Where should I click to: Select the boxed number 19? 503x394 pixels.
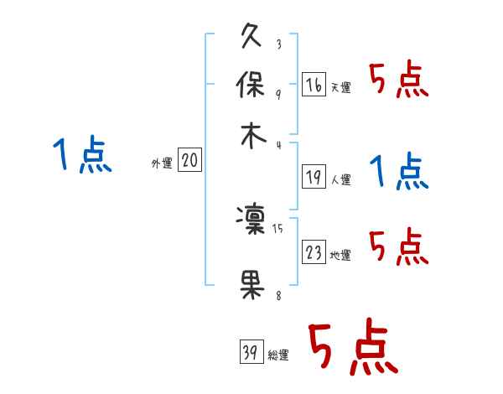(314, 176)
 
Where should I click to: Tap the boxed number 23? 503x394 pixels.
(314, 252)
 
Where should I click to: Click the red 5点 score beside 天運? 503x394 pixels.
(398, 82)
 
